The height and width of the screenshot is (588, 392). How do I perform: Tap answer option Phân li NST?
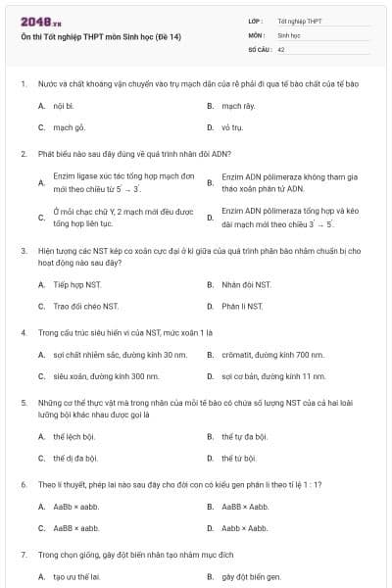[242, 307]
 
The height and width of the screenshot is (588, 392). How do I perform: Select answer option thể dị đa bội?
[75, 458]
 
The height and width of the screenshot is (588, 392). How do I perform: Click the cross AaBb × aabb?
[75, 506]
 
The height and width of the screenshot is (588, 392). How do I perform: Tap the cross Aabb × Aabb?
[244, 528]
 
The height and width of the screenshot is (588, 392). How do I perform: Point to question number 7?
[23, 554]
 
